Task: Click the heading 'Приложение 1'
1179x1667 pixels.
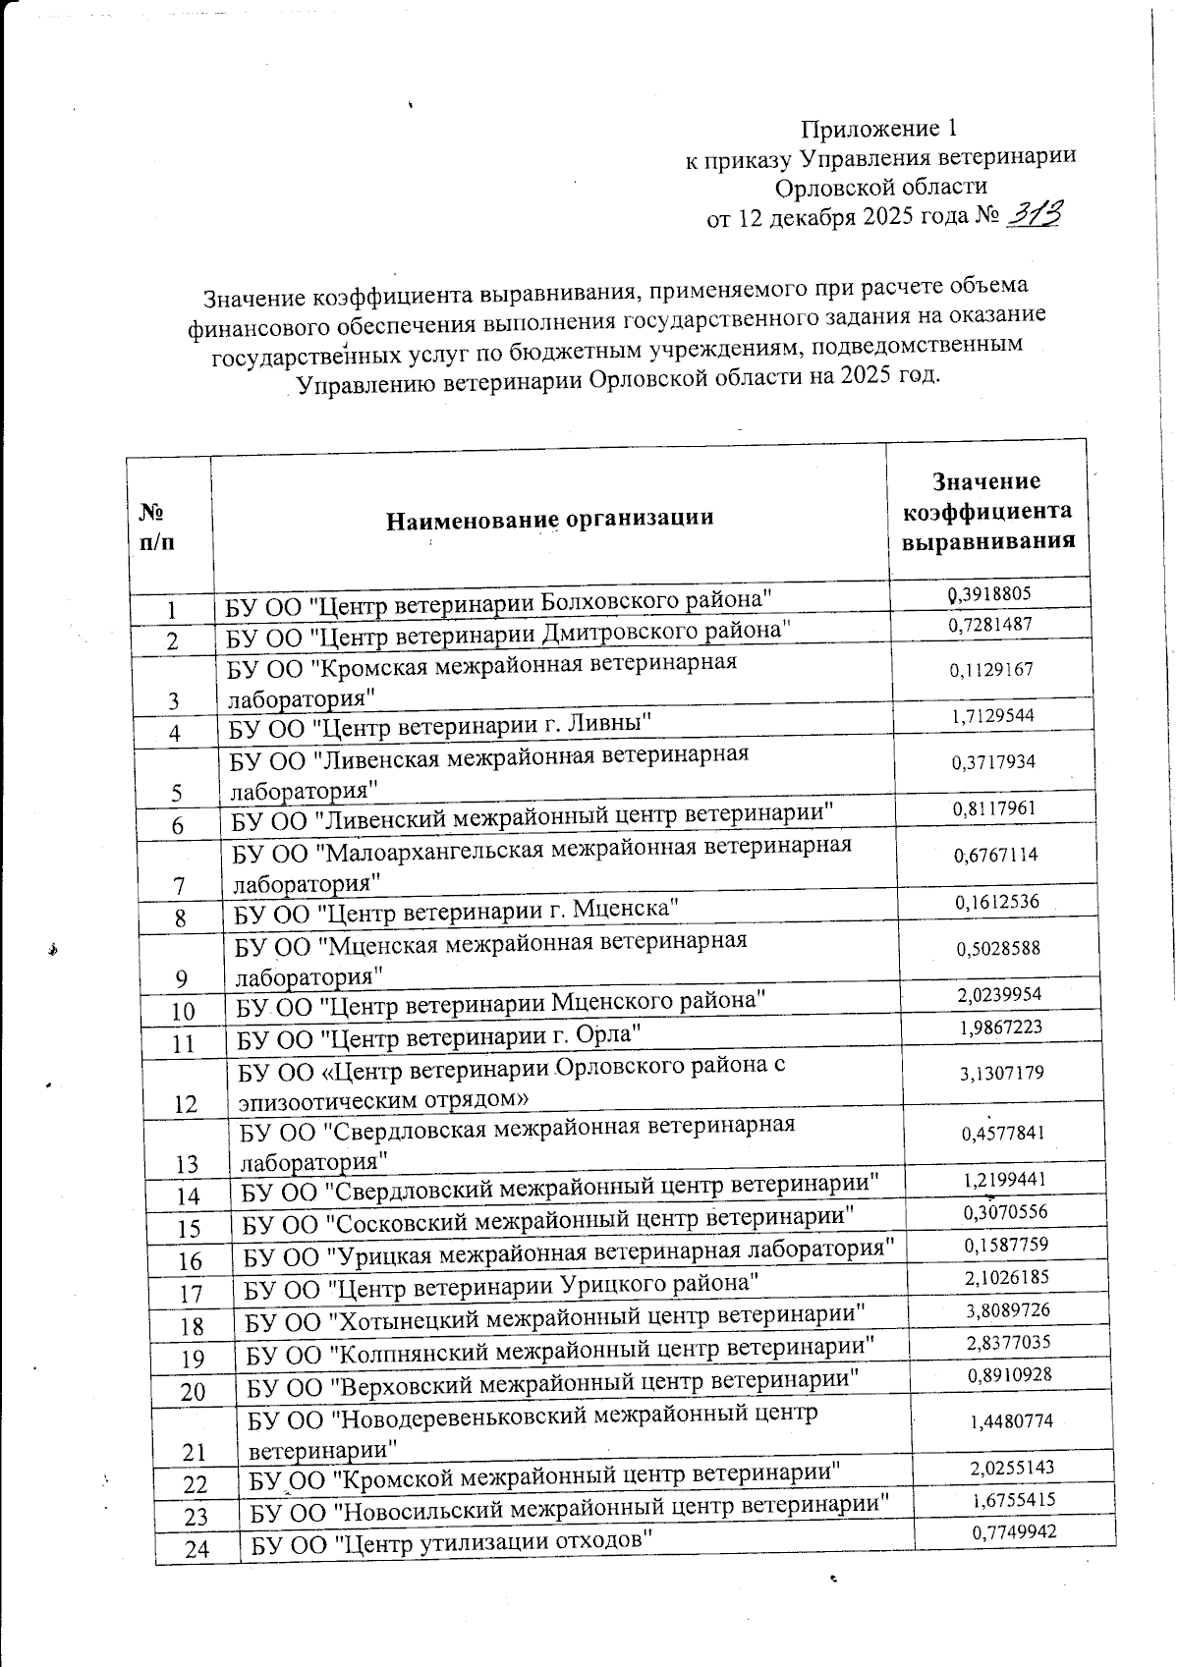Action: [x=878, y=129]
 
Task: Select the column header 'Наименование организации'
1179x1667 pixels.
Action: [x=549, y=518]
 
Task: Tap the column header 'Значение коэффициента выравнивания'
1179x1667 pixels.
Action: [x=987, y=511]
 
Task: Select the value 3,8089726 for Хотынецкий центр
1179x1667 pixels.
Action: [x=1007, y=1309]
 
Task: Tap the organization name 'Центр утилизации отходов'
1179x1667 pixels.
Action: [x=452, y=1542]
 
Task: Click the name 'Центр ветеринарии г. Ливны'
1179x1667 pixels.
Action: [x=442, y=725]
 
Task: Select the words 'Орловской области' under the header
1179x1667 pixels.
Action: [x=880, y=187]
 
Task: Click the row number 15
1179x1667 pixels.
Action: [x=190, y=1228]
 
